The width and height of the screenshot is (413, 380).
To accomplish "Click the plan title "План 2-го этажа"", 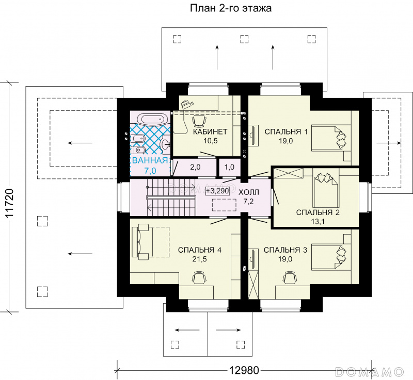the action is tap(231, 8).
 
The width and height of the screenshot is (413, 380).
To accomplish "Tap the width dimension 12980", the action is tap(244, 370).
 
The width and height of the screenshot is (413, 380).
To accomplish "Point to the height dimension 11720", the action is tap(9, 203).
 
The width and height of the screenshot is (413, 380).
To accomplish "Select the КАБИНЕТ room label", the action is tap(210, 131).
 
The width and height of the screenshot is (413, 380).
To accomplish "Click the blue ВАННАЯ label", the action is tap(150, 160).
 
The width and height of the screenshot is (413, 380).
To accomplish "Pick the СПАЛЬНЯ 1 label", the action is tap(286, 131).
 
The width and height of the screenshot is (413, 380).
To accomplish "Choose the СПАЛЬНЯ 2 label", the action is tap(318, 212).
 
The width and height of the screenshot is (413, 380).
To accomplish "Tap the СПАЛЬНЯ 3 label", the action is tap(285, 250).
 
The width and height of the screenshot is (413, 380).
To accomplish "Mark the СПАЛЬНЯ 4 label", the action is tap(200, 250).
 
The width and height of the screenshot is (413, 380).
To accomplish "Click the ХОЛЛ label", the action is tap(249, 192).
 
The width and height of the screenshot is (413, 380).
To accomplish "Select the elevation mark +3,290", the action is tap(217, 191).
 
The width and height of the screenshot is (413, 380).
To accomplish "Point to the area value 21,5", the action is tap(200, 259).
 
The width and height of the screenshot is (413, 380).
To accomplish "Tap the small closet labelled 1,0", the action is tap(229, 167).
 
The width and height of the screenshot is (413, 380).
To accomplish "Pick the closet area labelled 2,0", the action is tap(195, 167).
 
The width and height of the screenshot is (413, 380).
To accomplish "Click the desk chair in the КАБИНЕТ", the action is tap(199, 121).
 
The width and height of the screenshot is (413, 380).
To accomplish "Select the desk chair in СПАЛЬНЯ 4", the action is tap(199, 278).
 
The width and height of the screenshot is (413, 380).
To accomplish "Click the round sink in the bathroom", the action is tap(165, 143).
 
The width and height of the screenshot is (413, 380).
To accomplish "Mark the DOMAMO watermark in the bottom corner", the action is tap(370, 372).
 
